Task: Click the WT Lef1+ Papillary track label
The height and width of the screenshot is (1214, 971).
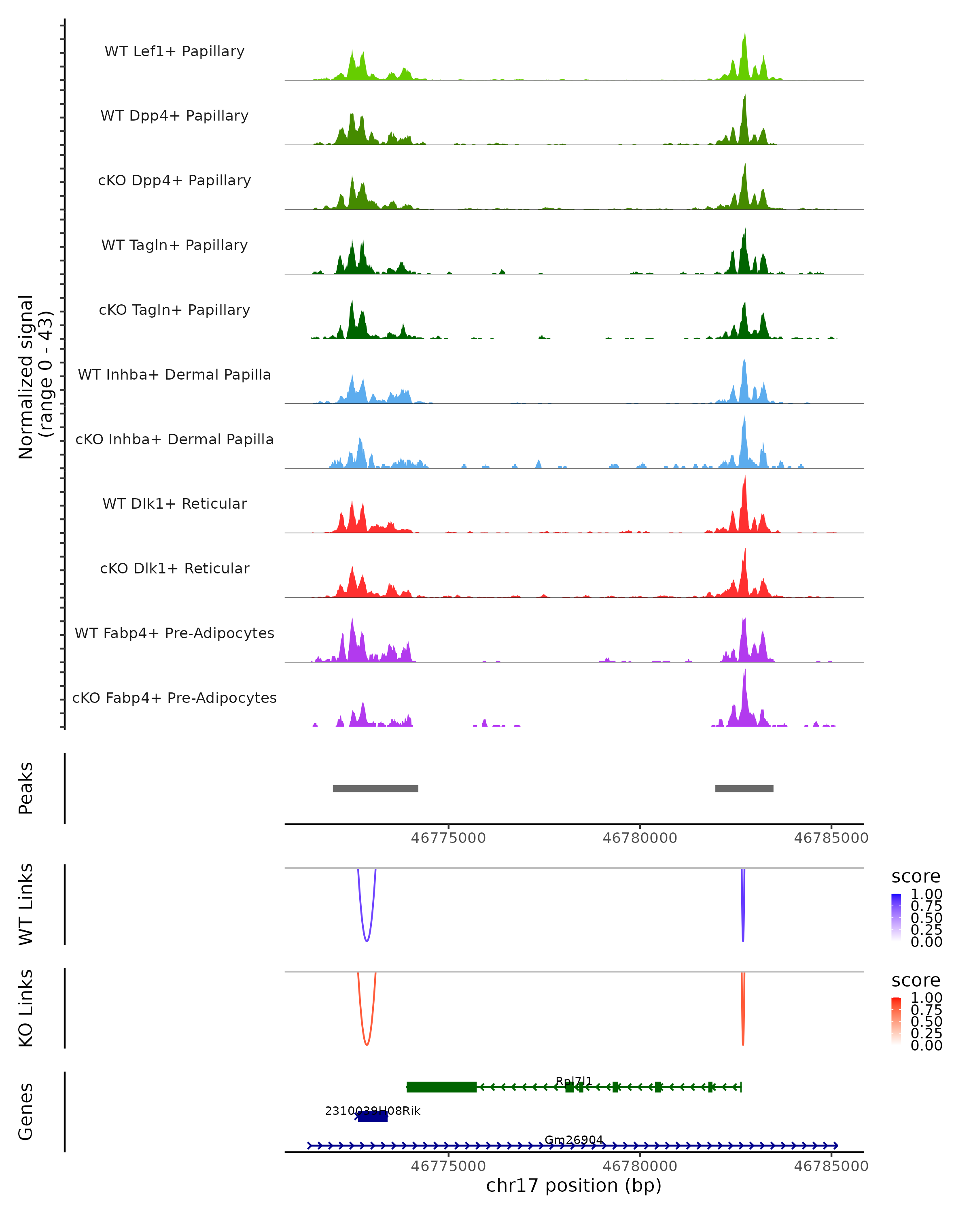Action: (174, 51)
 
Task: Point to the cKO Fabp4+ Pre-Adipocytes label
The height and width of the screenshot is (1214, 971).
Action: (174, 698)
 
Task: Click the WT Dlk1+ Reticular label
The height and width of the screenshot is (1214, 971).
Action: (174, 503)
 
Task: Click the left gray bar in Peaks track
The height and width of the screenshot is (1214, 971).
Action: (375, 788)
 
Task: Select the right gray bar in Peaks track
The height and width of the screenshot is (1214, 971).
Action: (744, 788)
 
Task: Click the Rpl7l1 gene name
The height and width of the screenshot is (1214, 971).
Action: (574, 1081)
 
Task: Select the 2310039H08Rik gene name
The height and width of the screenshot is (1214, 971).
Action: (373, 1110)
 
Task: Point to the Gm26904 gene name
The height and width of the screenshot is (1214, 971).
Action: (574, 1140)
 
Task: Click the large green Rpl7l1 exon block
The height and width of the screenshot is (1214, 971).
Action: (441, 1087)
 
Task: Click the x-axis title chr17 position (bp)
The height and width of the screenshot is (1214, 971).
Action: (574, 1185)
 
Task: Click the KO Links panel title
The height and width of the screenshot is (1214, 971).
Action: (25, 1008)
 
